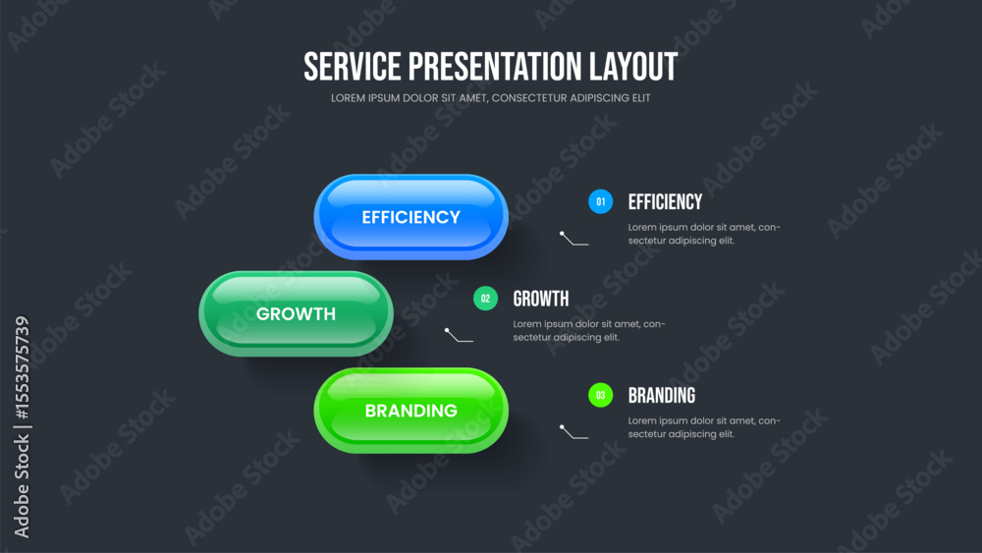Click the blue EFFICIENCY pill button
point(410,217)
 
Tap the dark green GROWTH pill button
point(296,313)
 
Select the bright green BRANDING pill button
point(410,411)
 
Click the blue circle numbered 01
point(601,201)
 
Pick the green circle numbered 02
point(485,299)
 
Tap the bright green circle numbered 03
point(601,395)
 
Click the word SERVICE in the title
point(352,67)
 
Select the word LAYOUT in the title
point(633,67)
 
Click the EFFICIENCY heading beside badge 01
point(665,201)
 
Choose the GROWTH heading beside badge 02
point(541,299)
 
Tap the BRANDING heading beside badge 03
point(662,395)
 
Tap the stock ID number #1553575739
point(22,367)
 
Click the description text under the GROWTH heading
point(589,331)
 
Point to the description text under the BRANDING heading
point(704,427)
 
